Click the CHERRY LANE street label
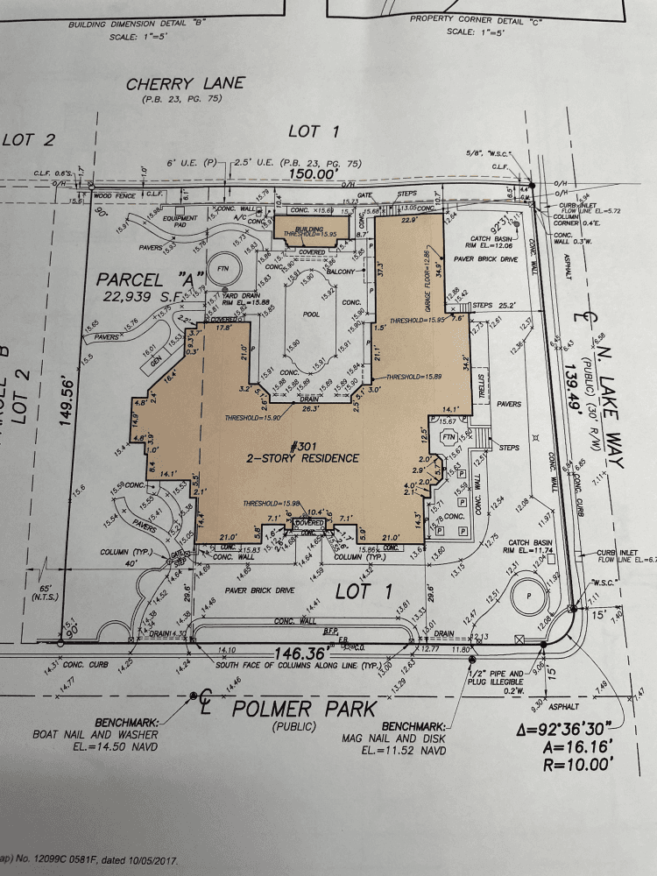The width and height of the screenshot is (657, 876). tap(186, 84)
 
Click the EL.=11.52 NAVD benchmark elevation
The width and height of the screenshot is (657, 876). tap(408, 752)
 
